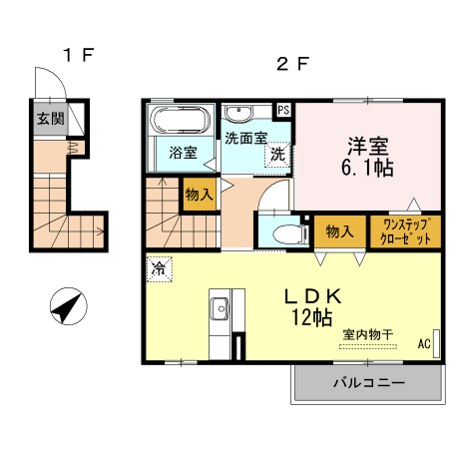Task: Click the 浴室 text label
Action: click(182, 154)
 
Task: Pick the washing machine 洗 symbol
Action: click(278, 155)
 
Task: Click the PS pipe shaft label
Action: click(283, 110)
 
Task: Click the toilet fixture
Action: click(284, 233)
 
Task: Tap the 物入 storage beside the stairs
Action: click(199, 195)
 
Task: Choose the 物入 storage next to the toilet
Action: click(340, 231)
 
